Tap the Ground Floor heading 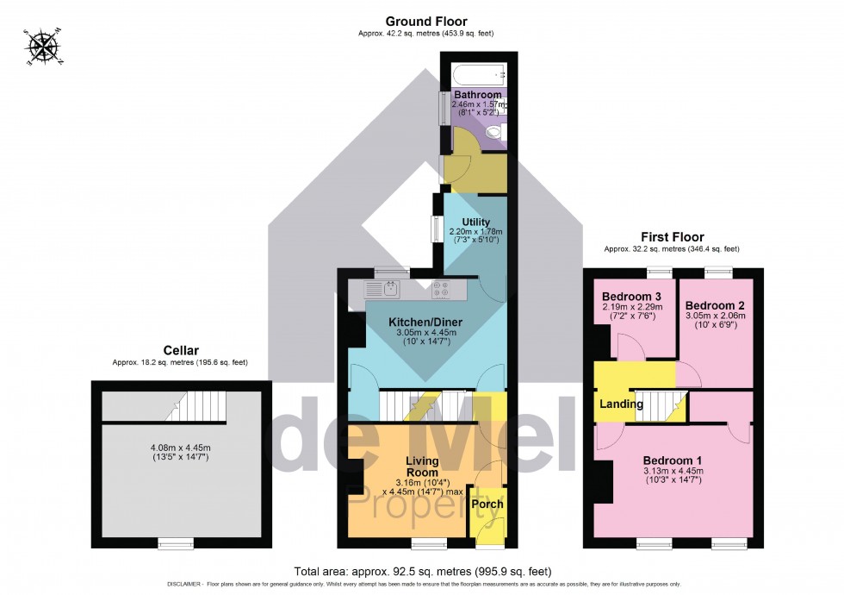pos(426,21)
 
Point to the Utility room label pos(475,222)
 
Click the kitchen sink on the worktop pos(380,289)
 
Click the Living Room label pos(422,467)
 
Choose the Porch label pos(487,504)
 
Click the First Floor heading pos(672,236)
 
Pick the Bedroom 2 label pos(715,305)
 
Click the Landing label pos(621,404)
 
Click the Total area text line pos(422,572)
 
